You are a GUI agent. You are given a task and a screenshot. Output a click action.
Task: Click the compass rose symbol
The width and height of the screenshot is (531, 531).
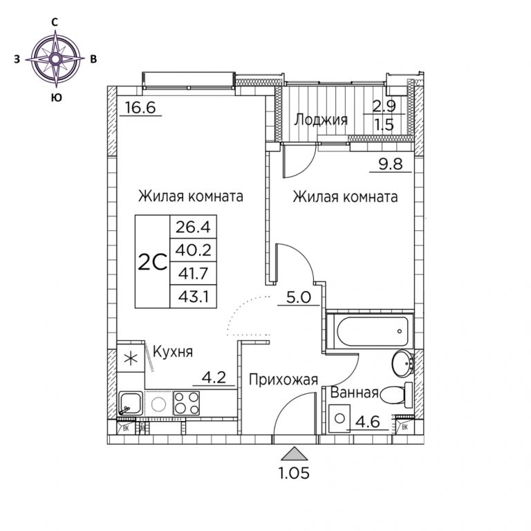[x=56, y=59]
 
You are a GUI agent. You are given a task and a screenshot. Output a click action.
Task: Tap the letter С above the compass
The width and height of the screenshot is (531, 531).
[x=55, y=22]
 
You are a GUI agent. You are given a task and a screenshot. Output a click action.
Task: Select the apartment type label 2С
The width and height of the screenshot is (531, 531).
[x=152, y=262]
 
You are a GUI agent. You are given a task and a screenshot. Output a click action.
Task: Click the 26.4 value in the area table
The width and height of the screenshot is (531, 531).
[x=193, y=227]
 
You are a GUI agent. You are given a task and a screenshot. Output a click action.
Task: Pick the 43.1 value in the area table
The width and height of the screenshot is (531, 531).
[x=193, y=297]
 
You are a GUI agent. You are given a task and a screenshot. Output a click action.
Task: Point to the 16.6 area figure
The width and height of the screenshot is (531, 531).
[x=140, y=108]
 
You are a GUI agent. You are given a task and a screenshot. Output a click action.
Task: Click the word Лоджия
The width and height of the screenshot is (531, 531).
[x=321, y=120]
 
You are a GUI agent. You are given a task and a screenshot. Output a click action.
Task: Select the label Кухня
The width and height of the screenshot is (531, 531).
[x=173, y=352]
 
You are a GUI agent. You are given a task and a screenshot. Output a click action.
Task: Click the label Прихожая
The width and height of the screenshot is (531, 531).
[x=283, y=380]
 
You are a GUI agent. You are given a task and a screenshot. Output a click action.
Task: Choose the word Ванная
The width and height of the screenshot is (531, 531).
[x=354, y=393]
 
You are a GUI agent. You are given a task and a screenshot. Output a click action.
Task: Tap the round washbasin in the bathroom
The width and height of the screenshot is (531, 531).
[x=403, y=364]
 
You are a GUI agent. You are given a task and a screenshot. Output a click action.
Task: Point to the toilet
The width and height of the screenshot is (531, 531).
[x=396, y=395]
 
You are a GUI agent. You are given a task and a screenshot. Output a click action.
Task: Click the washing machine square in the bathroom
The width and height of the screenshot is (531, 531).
[x=339, y=418]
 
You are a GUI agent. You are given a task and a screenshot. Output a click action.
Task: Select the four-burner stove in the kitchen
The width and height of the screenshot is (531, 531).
[x=187, y=403]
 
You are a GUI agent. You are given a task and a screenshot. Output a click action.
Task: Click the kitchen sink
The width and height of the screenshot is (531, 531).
[x=131, y=403]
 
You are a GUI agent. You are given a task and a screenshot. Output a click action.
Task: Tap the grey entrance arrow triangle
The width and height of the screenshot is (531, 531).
[x=295, y=454]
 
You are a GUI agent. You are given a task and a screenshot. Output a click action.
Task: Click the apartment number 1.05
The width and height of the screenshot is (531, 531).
[x=295, y=473]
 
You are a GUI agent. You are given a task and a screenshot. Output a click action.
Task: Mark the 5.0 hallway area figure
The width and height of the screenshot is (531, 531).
[x=299, y=297]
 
